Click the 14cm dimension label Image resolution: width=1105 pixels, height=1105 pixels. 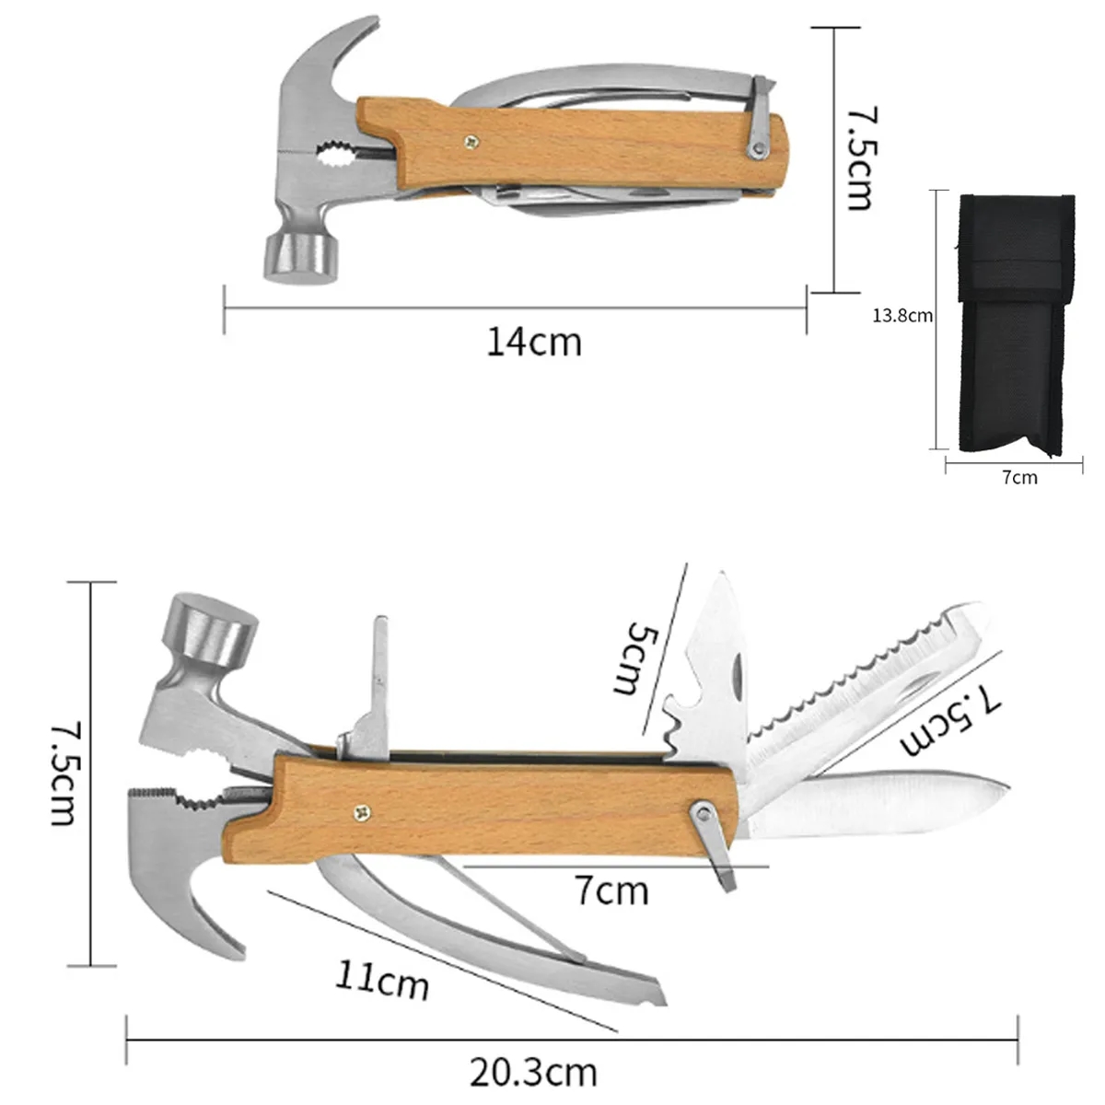pos(534,343)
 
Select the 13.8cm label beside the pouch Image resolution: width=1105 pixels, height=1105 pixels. pos(902,316)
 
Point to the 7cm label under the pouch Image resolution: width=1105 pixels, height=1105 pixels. pos(1019,477)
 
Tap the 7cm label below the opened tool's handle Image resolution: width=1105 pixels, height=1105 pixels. pos(611,890)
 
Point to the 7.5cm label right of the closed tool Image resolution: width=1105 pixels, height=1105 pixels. pos(858,158)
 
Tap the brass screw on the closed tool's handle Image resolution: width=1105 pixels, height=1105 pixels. pos(471,141)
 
